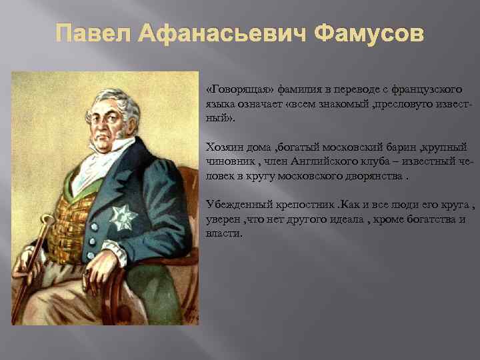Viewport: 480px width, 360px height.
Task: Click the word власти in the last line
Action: click(223, 234)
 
